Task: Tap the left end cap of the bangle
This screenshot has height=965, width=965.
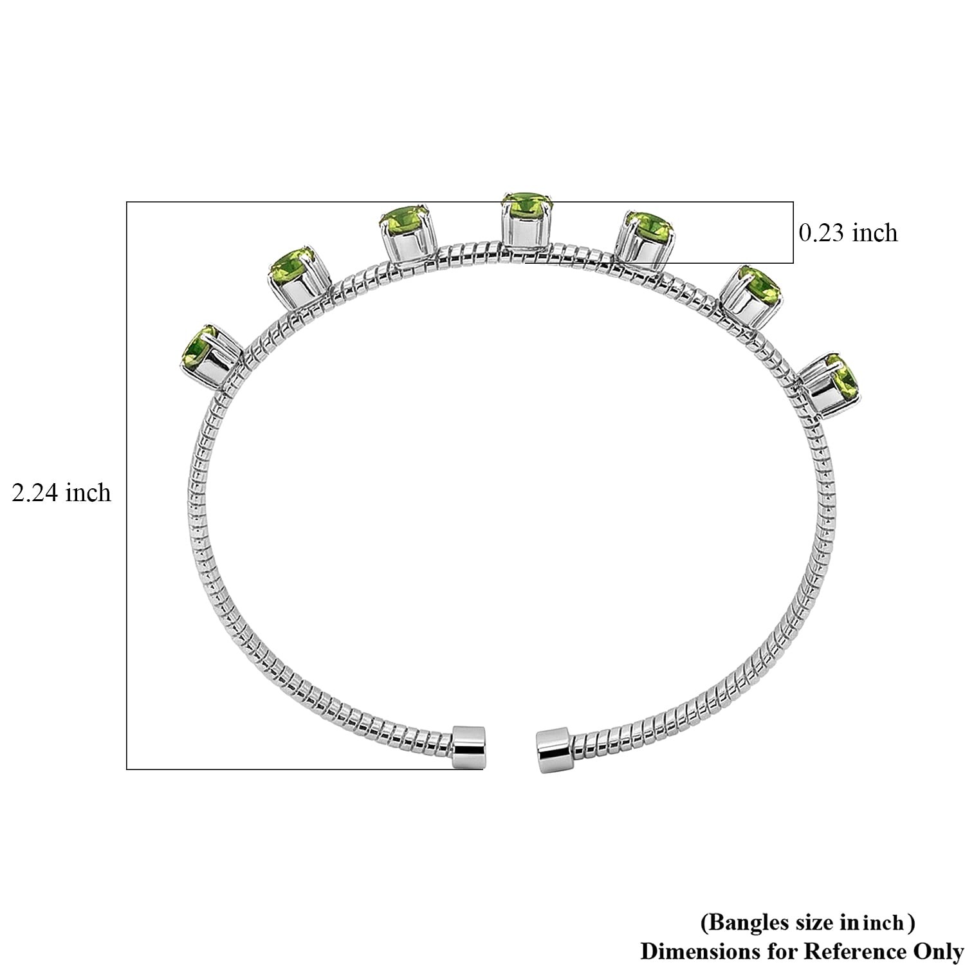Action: (x=470, y=747)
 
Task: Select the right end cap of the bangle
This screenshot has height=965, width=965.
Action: (x=553, y=750)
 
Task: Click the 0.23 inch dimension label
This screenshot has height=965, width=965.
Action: (x=848, y=232)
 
